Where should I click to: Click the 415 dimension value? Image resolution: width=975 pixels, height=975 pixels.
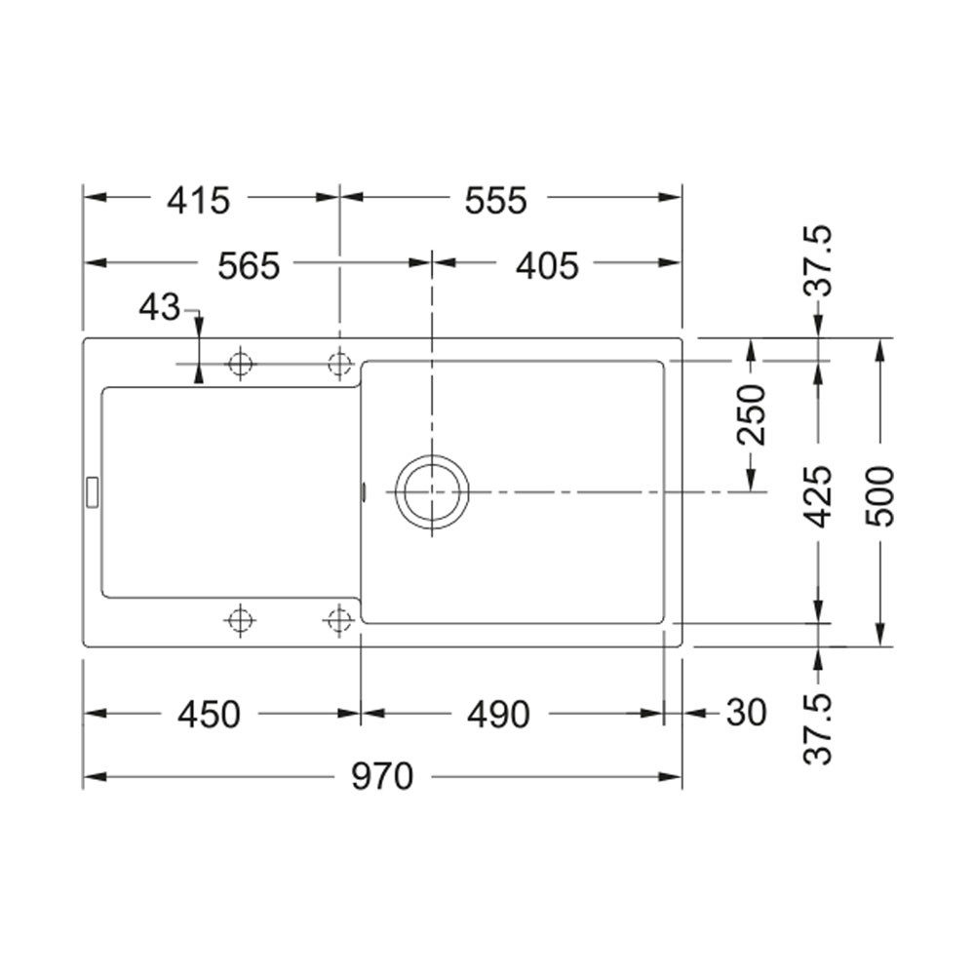click(198, 200)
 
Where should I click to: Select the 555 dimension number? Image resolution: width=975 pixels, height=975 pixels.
click(496, 200)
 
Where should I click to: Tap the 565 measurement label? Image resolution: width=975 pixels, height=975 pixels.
click(249, 265)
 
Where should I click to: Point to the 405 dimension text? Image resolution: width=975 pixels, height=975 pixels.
click(547, 265)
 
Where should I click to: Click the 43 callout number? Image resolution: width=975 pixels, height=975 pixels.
click(160, 307)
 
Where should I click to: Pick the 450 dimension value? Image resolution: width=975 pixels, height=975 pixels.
click(209, 715)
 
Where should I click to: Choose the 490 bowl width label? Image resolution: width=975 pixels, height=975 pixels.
click(498, 715)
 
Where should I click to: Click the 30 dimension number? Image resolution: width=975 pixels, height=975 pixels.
click(746, 713)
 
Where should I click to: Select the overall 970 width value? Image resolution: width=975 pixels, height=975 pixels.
click(382, 776)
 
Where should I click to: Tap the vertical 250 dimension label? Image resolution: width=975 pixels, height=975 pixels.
click(751, 414)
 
